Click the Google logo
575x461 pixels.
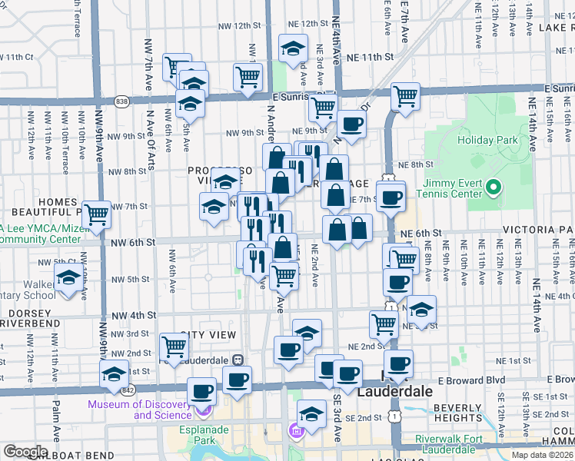click(25, 452)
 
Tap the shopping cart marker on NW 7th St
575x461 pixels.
click(96, 214)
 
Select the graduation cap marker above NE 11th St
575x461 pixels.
click(293, 48)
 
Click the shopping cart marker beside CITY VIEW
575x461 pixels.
click(174, 347)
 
